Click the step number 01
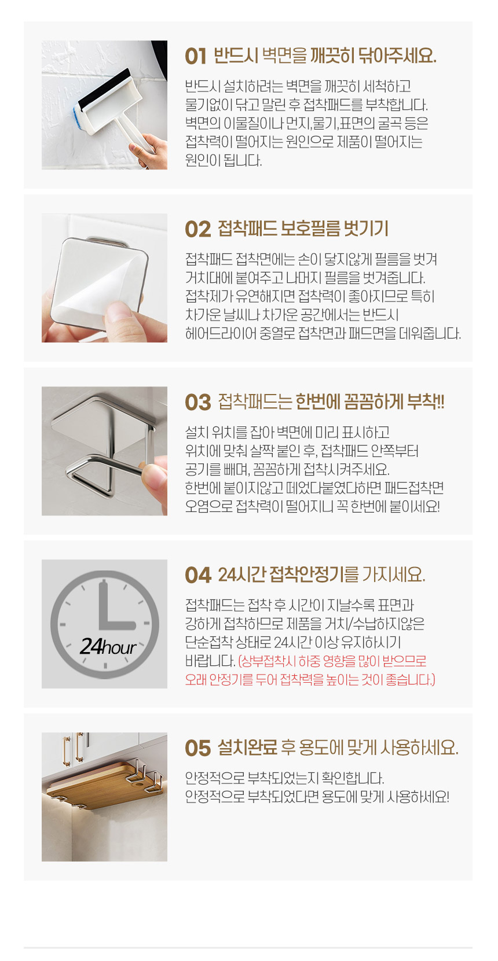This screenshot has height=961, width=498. [x=196, y=57]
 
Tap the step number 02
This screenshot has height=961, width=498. [x=198, y=230]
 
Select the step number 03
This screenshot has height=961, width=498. [x=198, y=403]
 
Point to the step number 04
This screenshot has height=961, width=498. [x=198, y=576]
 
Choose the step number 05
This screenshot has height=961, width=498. [x=198, y=749]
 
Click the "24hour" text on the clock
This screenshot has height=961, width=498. [x=108, y=647]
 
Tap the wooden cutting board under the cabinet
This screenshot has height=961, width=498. [x=103, y=786]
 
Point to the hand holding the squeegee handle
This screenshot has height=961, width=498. [x=150, y=151]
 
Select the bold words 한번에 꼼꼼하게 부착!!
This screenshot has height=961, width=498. [x=370, y=402]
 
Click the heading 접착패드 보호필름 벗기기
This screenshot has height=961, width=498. [x=303, y=229]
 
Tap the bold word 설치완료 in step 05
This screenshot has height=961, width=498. [x=248, y=748]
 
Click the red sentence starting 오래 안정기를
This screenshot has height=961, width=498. [x=310, y=680]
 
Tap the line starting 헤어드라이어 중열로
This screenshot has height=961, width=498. [x=323, y=334]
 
